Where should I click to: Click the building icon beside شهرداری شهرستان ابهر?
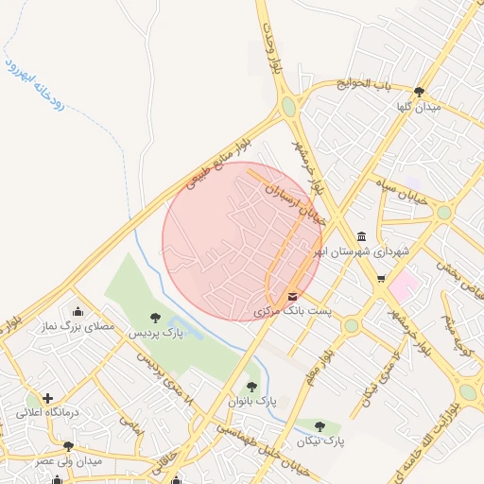coord(360,236)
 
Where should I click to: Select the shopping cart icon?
coord(381,279)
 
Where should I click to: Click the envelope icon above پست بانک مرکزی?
coord(291,296)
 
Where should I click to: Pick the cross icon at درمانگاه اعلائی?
coord(47,398)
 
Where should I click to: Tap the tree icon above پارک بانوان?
coord(251,386)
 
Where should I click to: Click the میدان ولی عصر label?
coord(69,460)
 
